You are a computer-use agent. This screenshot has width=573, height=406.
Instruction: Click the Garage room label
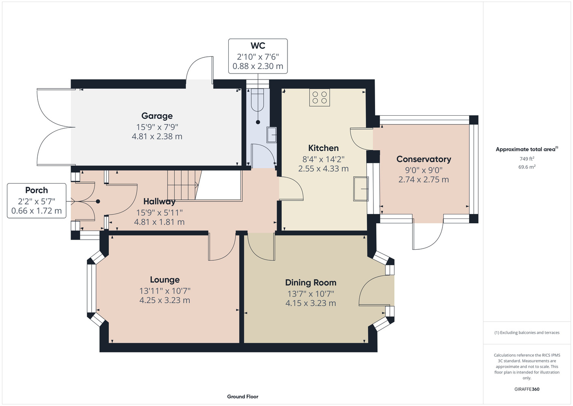click(157, 116)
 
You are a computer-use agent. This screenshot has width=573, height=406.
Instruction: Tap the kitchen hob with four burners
click(320, 97)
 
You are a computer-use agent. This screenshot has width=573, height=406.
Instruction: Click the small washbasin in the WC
click(271, 134)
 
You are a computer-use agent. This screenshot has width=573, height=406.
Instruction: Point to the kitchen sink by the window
click(361, 188)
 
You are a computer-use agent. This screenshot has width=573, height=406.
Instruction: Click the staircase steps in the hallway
click(183, 185)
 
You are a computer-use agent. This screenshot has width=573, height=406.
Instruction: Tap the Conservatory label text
click(424, 159)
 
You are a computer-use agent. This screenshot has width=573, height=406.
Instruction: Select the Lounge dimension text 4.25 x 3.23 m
click(165, 300)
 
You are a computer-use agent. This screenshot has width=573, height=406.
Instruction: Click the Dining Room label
click(311, 283)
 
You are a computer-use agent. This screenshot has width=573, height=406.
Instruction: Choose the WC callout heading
click(258, 45)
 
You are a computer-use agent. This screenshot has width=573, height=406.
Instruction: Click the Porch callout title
click(36, 190)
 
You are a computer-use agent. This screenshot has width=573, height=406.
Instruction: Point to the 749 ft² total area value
click(527, 159)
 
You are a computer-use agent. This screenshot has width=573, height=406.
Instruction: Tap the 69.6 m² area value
click(527, 167)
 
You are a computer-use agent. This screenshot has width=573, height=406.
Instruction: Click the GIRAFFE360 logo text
click(527, 389)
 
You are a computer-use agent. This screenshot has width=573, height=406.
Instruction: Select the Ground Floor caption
click(243, 397)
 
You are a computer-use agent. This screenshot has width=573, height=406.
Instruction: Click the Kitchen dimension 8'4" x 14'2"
click(323, 159)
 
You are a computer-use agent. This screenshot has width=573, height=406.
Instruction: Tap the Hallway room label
click(159, 202)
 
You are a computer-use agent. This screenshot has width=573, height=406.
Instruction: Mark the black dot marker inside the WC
click(258, 122)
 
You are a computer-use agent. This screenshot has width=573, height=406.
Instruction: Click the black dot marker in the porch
click(98, 201)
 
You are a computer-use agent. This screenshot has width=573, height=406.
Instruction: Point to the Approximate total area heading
click(527, 149)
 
